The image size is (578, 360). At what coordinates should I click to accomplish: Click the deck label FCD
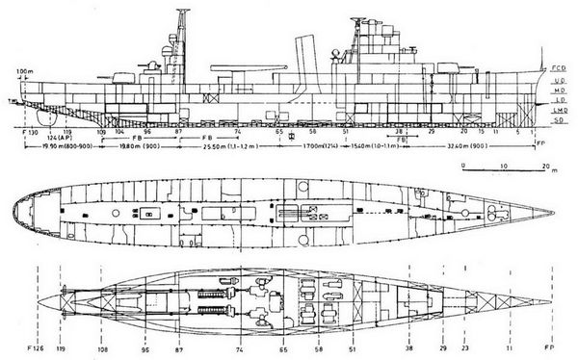pos(560,70)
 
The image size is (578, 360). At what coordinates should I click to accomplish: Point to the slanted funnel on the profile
pos(303,55)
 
